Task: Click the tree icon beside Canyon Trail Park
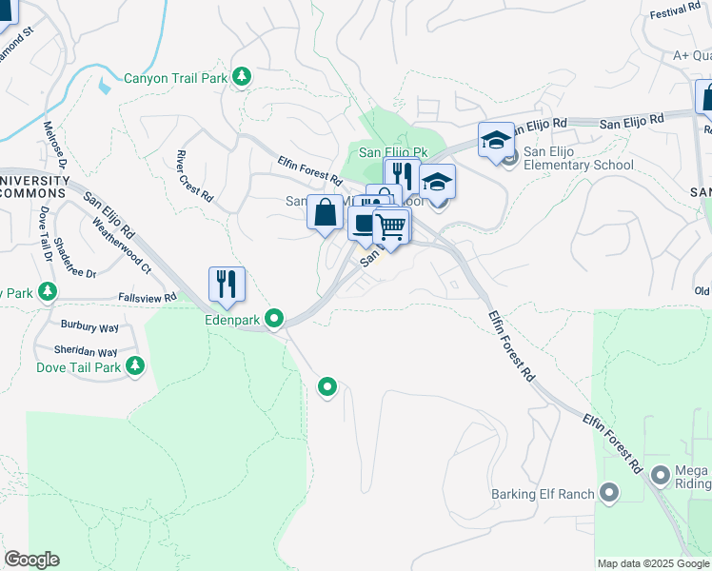point(242,76)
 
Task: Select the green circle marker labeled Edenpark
point(274,318)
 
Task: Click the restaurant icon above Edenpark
point(227,284)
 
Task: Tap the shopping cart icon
point(390,228)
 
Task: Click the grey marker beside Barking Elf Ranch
point(609,493)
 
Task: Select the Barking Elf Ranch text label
point(542,494)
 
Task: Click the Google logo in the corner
point(31,560)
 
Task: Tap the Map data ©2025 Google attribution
point(653,563)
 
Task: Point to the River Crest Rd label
point(194,174)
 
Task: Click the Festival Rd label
point(675,13)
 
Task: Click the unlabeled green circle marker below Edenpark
point(327,386)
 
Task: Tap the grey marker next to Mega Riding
point(661,473)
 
